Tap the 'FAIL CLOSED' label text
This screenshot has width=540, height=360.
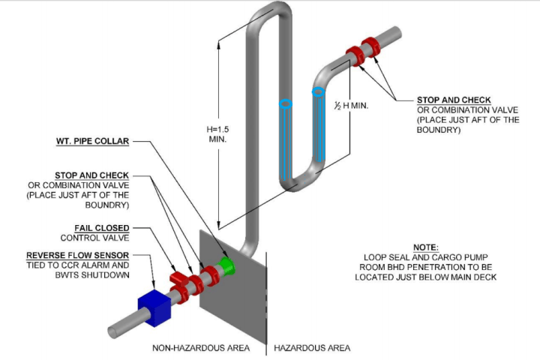click(x=101, y=227)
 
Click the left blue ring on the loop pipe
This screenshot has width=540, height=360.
click(x=285, y=104)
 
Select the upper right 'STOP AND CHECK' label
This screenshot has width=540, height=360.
click(x=454, y=100)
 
